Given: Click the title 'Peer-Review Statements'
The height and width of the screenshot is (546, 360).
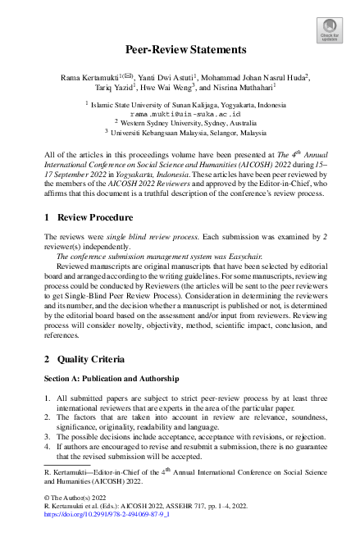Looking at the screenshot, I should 180,50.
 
